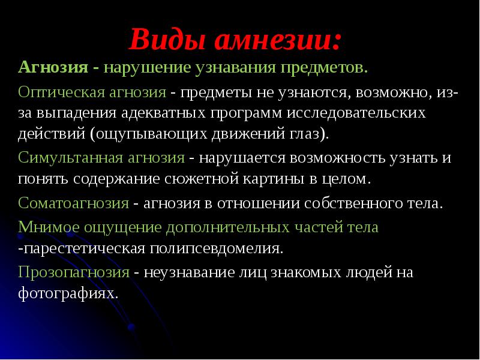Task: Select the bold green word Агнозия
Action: (53, 67)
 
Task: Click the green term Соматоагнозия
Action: (74, 203)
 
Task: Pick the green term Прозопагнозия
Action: (74, 272)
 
